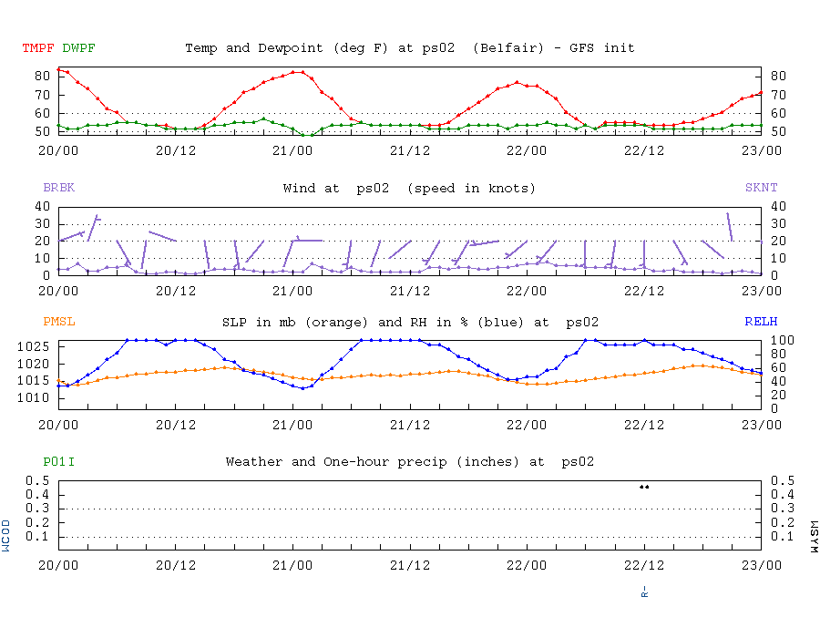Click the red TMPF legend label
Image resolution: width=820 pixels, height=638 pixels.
pyautogui.click(x=37, y=48)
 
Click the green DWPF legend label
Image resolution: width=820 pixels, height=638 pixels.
pyautogui.click(x=78, y=48)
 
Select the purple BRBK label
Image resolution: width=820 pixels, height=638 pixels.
pyautogui.click(x=59, y=189)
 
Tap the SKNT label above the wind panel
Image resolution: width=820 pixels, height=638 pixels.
pyautogui.click(x=762, y=189)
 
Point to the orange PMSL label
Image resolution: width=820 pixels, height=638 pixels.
pyautogui.click(x=59, y=322)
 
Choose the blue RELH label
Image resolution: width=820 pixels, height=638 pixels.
pyautogui.click(x=762, y=322)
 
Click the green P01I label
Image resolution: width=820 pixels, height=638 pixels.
pyautogui.click(x=59, y=462)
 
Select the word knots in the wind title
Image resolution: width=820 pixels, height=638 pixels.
pyautogui.click(x=510, y=189)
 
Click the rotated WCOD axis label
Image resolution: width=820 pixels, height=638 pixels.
pyautogui.click(x=6, y=537)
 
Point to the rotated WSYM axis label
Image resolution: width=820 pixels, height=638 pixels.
pyautogui.click(x=814, y=537)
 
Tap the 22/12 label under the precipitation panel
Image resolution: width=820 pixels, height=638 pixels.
pyautogui.click(x=644, y=564)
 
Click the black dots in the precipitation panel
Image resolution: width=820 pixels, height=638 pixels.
pyautogui.click(x=644, y=487)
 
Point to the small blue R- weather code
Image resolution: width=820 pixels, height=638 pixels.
pyautogui.click(x=644, y=591)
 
